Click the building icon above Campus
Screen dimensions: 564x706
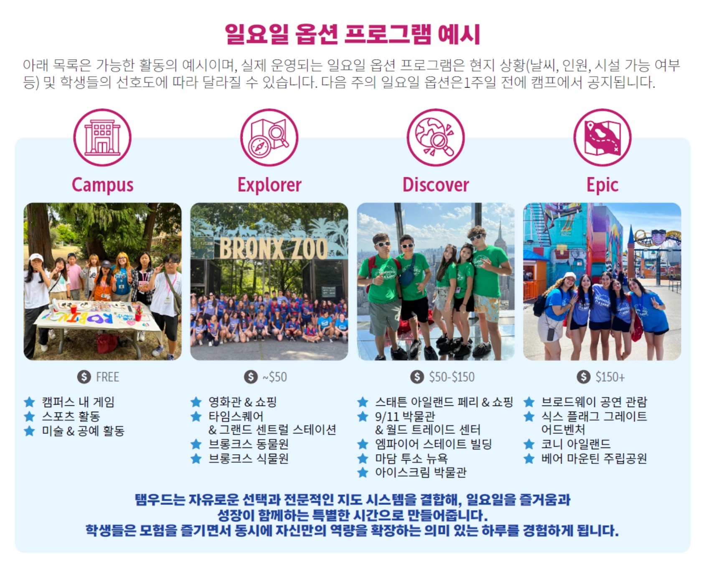pyautogui.click(x=102, y=138)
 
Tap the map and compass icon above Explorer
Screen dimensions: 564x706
pyautogui.click(x=269, y=138)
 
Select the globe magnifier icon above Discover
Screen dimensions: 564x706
pyautogui.click(x=436, y=138)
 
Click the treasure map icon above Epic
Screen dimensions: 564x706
pyautogui.click(x=602, y=138)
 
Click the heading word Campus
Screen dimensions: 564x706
pyautogui.click(x=102, y=185)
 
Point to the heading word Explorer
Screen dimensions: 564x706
pyautogui.click(x=269, y=185)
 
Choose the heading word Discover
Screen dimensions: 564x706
pyautogui.click(x=436, y=185)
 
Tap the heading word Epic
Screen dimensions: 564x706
pyautogui.click(x=602, y=185)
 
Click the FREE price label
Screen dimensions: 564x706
pyautogui.click(x=107, y=377)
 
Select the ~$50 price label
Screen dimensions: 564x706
pyautogui.click(x=274, y=377)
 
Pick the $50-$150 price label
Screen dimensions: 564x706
pyautogui.click(x=452, y=377)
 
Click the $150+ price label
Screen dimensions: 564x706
pyautogui.click(x=610, y=377)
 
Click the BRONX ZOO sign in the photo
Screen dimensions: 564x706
pyautogui.click(x=274, y=249)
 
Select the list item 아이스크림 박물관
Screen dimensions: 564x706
pyautogui.click(x=420, y=473)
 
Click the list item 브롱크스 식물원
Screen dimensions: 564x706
pyautogui.click(x=249, y=458)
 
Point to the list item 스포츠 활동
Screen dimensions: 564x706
pyautogui.click(x=71, y=416)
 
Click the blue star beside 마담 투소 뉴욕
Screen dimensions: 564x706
pyautogui.click(x=363, y=458)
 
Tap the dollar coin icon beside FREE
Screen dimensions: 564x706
pyautogui.click(x=84, y=377)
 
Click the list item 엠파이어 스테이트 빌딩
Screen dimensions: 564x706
pyautogui.click(x=433, y=444)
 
